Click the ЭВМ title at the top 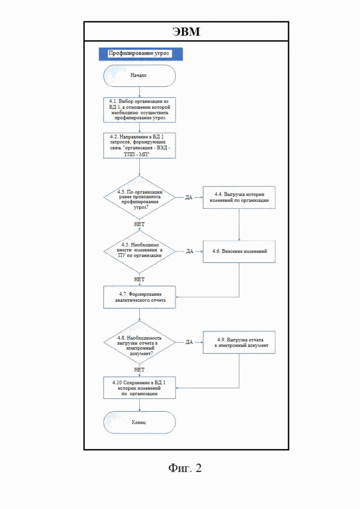point(186,31)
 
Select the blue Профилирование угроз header point(141,54)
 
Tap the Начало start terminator point(139,76)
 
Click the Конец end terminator point(139,422)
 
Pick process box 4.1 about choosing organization point(139,110)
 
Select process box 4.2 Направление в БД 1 point(139,145)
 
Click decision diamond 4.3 point(139,198)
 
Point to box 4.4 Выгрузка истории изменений point(239,198)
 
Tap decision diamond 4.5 point(139,252)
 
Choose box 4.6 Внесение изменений point(239,252)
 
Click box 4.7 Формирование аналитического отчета point(139,297)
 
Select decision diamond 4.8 point(139,342)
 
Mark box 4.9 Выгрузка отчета point(239,342)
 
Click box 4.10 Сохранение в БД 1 point(139,388)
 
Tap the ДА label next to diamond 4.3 point(189,198)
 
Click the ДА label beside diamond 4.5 point(190,251)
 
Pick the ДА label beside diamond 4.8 point(189,342)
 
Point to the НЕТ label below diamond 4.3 point(139,224)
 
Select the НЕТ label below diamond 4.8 point(139,370)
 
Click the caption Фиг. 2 point(185,468)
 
